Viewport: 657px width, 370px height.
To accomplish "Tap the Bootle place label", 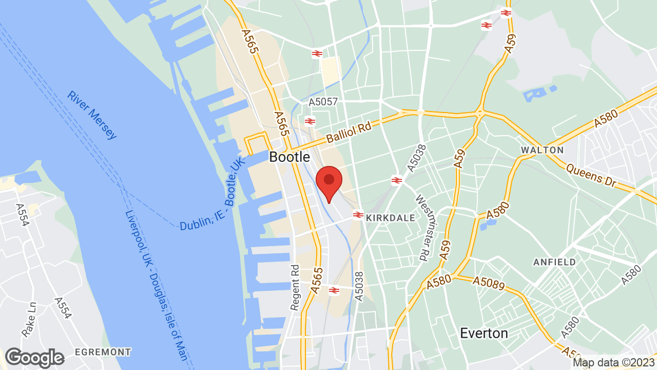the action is [289, 157].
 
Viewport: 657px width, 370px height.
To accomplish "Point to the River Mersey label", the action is [92, 116].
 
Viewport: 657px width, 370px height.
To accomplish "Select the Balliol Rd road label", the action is [348, 133].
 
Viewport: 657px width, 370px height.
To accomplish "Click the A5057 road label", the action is [323, 102].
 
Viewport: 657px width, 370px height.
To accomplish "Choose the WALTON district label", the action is [542, 150].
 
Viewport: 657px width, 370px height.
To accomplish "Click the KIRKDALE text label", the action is [391, 218].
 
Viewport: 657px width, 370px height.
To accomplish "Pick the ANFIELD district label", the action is [554, 262].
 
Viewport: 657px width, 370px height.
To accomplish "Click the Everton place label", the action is [484, 333].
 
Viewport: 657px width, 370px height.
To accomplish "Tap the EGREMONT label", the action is [103, 352].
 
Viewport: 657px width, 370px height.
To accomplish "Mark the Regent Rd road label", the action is [295, 287].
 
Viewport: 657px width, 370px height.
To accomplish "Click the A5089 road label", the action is [489, 282].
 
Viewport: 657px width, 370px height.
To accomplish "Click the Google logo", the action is [35, 358].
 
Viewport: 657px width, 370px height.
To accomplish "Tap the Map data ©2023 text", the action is [613, 362].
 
